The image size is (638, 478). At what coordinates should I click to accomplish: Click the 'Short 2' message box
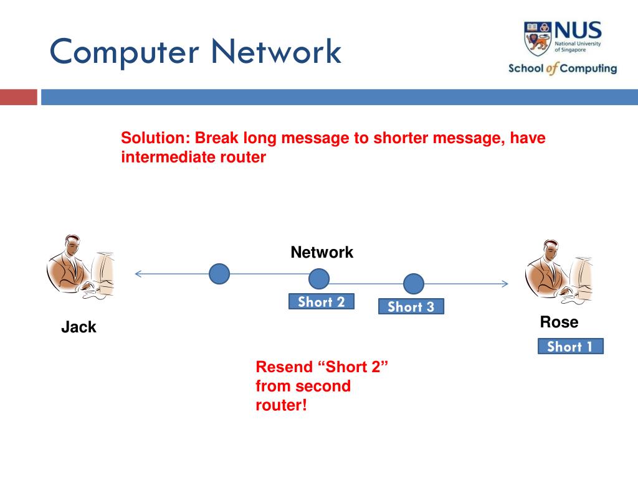[x=321, y=302]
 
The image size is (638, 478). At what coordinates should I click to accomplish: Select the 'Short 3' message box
[x=411, y=306]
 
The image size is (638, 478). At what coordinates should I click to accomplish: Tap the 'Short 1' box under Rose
[x=570, y=347]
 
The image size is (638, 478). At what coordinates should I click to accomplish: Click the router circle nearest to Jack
[x=219, y=274]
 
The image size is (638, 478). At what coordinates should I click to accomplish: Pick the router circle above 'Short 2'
[x=319, y=279]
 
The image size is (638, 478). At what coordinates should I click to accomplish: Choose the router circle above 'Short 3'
[x=413, y=284]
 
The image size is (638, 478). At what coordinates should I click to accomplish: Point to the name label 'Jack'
[x=79, y=327]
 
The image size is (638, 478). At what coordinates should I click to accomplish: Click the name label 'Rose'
[x=559, y=322]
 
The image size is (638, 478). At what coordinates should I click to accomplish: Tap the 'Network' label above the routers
[x=321, y=253]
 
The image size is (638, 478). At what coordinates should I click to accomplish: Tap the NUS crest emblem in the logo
[x=537, y=38]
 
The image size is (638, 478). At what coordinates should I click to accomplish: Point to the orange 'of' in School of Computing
[x=552, y=69]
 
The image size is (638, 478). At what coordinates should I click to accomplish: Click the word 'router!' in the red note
[x=282, y=405]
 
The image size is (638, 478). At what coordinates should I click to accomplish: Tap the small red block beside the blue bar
[x=19, y=97]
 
